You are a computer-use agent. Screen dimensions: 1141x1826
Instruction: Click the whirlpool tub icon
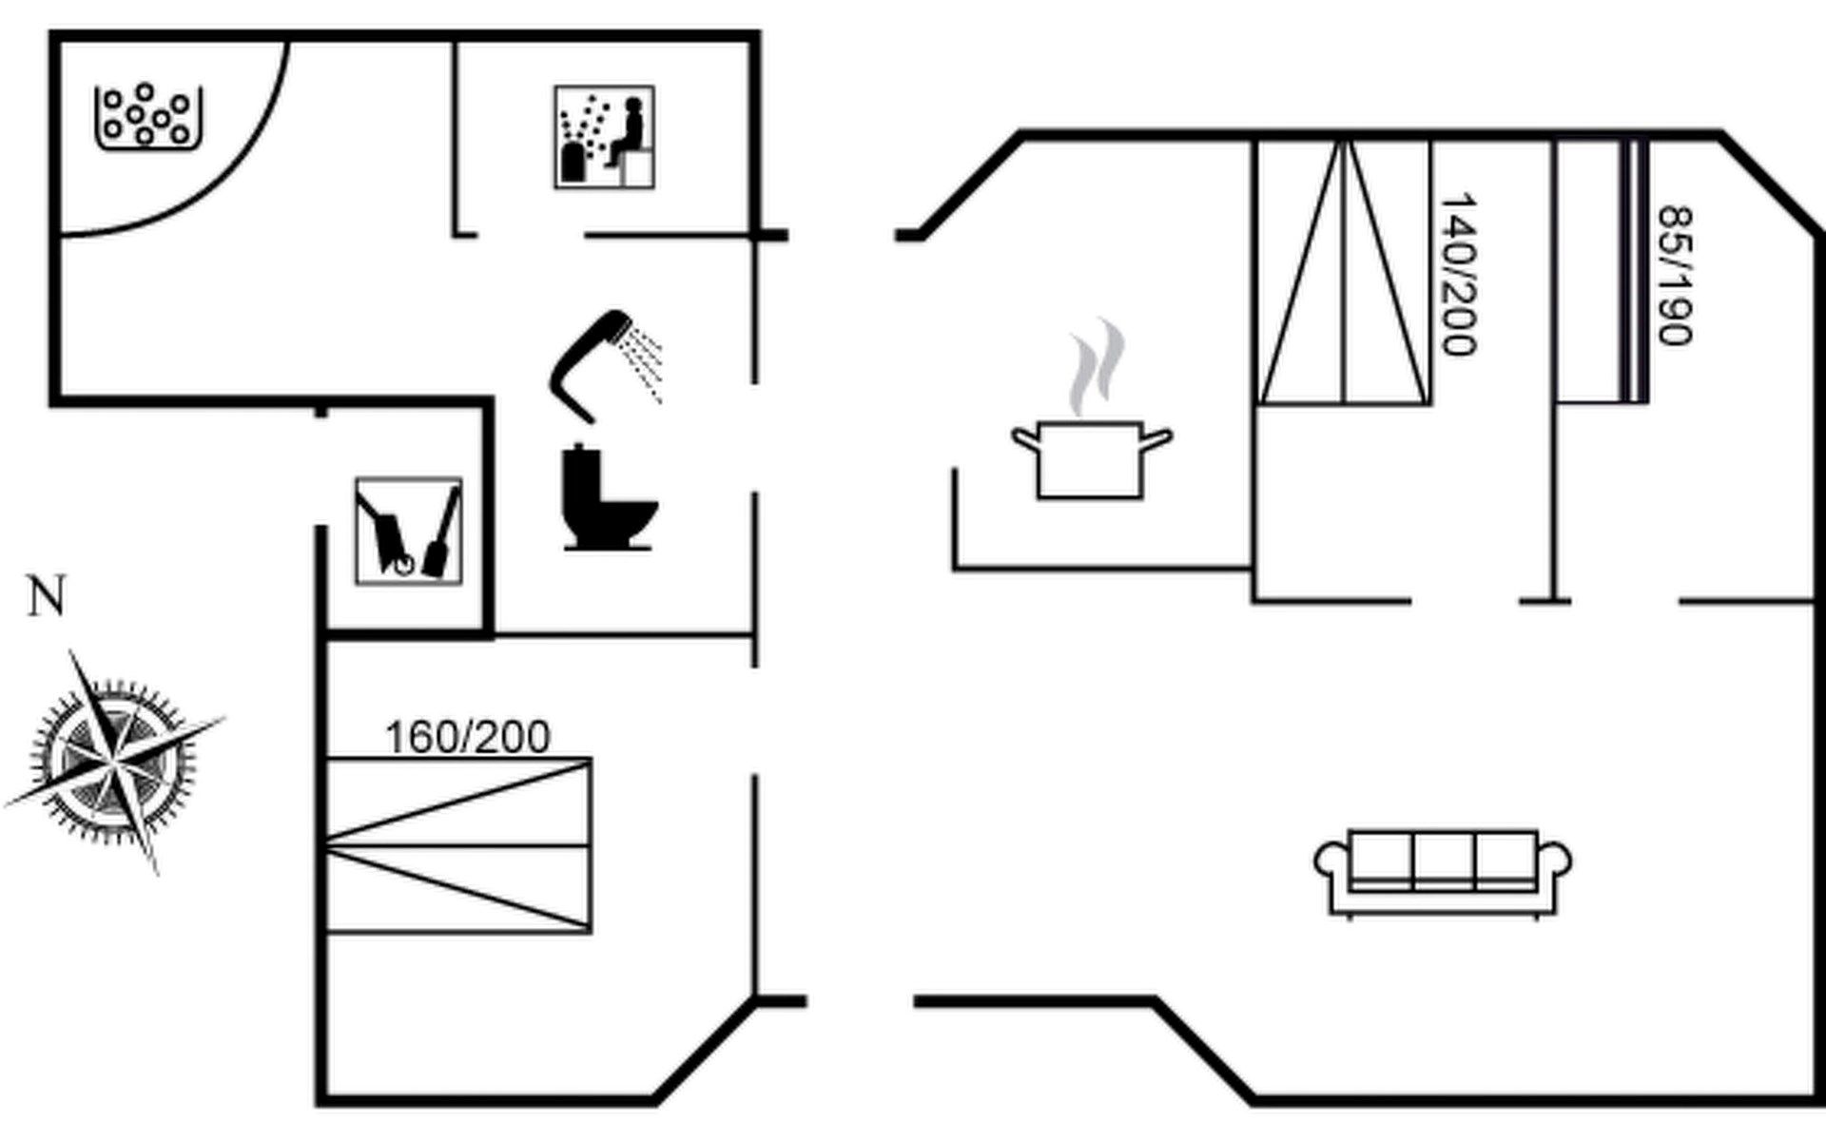click(x=148, y=117)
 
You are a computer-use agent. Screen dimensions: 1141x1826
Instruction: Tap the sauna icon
click(x=604, y=137)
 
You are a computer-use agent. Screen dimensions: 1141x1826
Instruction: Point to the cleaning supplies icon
click(x=408, y=531)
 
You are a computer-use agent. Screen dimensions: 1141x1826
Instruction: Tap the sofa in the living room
click(x=1442, y=871)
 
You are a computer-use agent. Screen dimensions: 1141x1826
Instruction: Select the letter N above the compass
click(x=47, y=597)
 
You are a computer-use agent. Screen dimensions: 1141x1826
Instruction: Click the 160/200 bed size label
click(x=467, y=737)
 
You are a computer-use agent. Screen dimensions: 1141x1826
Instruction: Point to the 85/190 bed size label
click(x=1675, y=276)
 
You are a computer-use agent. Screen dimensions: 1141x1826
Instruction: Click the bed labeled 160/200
click(x=457, y=845)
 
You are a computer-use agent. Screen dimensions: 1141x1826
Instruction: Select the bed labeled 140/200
click(x=1344, y=273)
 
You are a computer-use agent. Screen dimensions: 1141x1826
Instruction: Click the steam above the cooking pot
click(x=1097, y=366)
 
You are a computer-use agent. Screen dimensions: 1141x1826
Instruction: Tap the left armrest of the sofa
click(x=1330, y=863)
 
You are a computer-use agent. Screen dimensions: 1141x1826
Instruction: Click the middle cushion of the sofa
click(x=1444, y=861)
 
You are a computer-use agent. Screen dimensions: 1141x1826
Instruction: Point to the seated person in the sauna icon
click(x=629, y=132)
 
